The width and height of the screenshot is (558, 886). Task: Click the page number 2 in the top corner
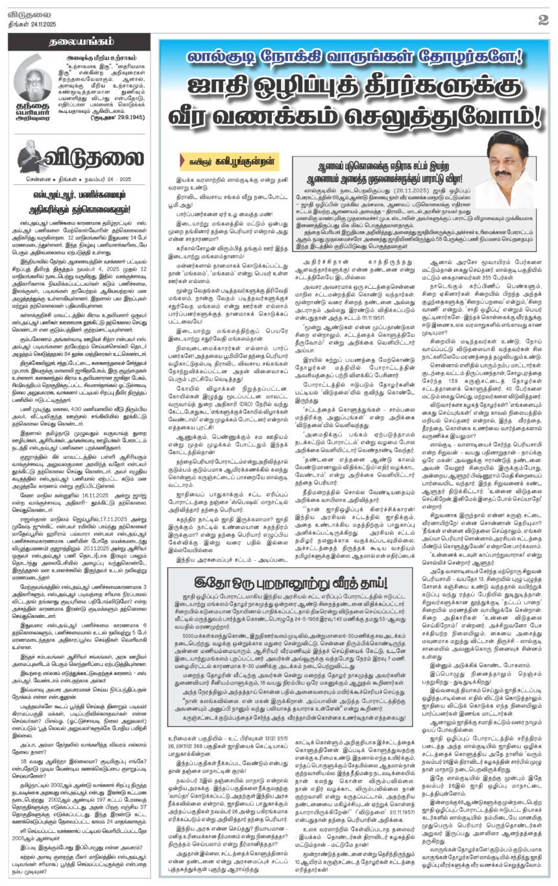[543, 19]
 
